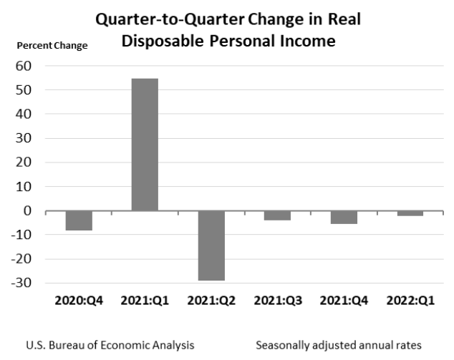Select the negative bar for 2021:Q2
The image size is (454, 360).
click(211, 245)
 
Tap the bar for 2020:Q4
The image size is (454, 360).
click(79, 220)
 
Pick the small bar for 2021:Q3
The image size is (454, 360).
click(277, 215)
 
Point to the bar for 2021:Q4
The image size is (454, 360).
click(344, 218)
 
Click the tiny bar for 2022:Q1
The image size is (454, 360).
click(410, 213)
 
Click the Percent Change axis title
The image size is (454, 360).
click(52, 46)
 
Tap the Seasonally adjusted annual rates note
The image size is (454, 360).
click(338, 345)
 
